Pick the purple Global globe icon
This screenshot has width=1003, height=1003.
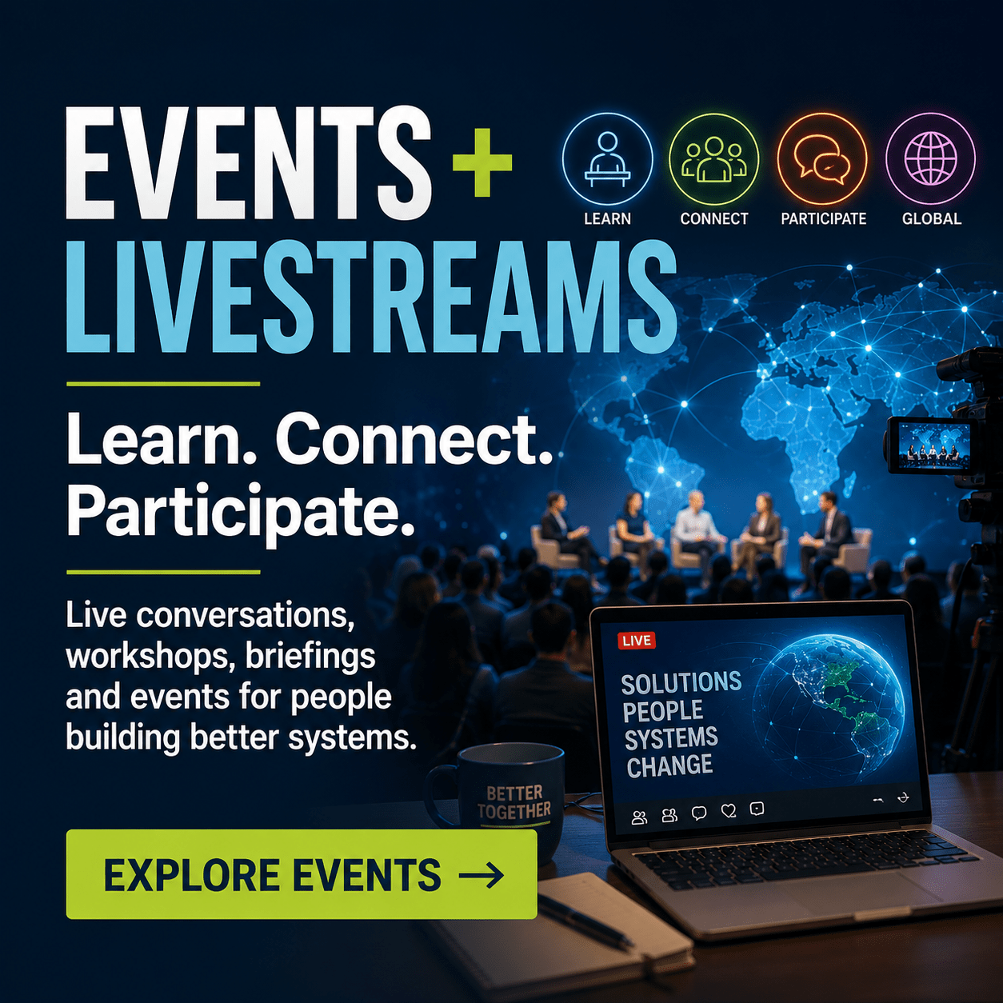[930, 159]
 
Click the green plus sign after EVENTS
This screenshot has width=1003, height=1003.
[482, 163]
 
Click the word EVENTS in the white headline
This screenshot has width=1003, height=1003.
[249, 162]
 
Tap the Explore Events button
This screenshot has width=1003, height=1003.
[302, 874]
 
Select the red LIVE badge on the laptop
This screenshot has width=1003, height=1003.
[636, 640]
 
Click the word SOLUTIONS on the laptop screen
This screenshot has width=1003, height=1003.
[681, 683]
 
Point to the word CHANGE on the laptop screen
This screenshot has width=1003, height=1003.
[669, 765]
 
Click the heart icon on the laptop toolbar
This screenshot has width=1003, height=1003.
[728, 810]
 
